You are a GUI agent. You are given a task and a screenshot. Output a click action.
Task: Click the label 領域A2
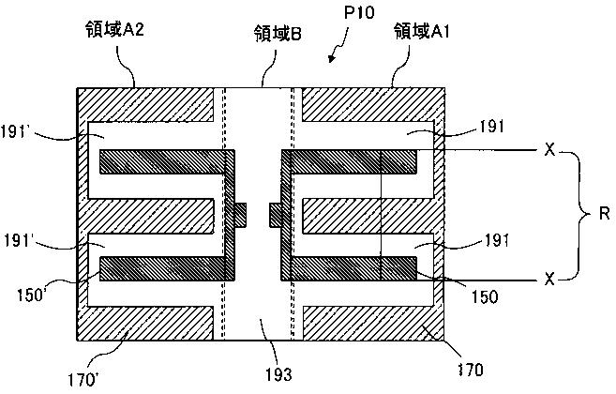114,29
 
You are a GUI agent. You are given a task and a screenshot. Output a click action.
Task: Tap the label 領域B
278,33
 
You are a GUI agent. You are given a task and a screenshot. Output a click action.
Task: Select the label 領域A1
422,31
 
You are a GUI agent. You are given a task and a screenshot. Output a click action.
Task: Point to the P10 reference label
359,12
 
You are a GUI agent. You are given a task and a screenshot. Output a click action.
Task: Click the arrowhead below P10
332,58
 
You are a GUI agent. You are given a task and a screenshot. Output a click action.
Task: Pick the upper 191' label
15,131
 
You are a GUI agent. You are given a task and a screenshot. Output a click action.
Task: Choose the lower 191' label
17,240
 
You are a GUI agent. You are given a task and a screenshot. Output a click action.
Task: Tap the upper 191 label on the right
491,127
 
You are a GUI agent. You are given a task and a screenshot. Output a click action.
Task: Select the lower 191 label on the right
497,240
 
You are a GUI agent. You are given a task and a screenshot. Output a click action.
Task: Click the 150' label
32,295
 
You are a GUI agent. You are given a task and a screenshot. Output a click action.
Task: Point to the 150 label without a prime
485,296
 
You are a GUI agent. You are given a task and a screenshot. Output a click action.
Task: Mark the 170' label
83,380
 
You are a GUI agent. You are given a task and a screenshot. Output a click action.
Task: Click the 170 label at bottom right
471,370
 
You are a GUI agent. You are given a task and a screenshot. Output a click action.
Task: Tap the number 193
278,374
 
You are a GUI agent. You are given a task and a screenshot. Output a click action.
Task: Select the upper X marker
550,149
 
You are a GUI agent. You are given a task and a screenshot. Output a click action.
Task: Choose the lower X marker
549,280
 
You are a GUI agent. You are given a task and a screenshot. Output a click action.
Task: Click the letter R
604,214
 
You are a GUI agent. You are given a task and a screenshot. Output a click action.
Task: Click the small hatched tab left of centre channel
240,215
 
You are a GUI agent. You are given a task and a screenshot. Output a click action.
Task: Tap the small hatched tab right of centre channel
276,215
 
